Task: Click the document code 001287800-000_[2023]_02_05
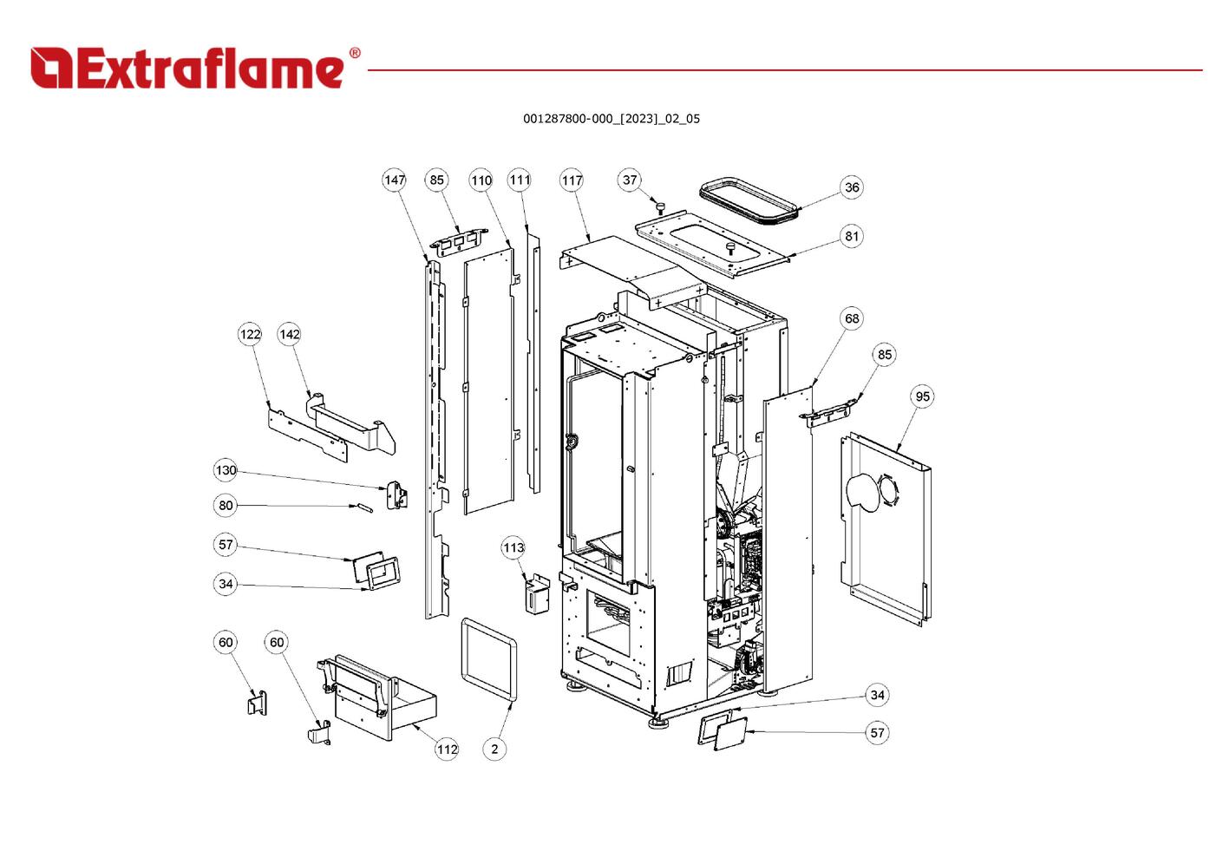(x=611, y=119)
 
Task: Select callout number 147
(x=395, y=180)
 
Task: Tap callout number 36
(x=852, y=187)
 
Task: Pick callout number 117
(x=572, y=180)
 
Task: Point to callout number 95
(x=922, y=396)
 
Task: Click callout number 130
(x=226, y=470)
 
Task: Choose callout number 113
(x=513, y=547)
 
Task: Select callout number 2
(x=494, y=749)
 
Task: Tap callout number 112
(x=447, y=749)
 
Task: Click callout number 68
(x=852, y=318)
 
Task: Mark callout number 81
(x=852, y=236)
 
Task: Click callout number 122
(x=250, y=334)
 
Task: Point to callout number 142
(x=290, y=334)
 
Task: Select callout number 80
(x=226, y=505)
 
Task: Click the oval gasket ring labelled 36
(x=748, y=203)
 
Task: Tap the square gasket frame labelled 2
(x=489, y=658)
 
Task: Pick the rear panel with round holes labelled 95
(x=885, y=529)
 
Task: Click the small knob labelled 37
(x=659, y=206)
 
